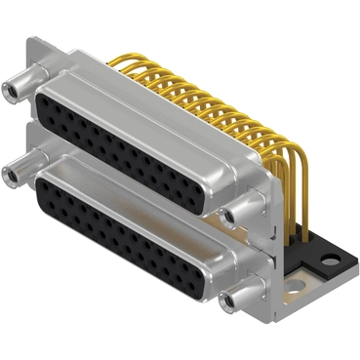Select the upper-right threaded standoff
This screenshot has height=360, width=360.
click(231, 212)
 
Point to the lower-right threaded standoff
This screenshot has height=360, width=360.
click(231, 300)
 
